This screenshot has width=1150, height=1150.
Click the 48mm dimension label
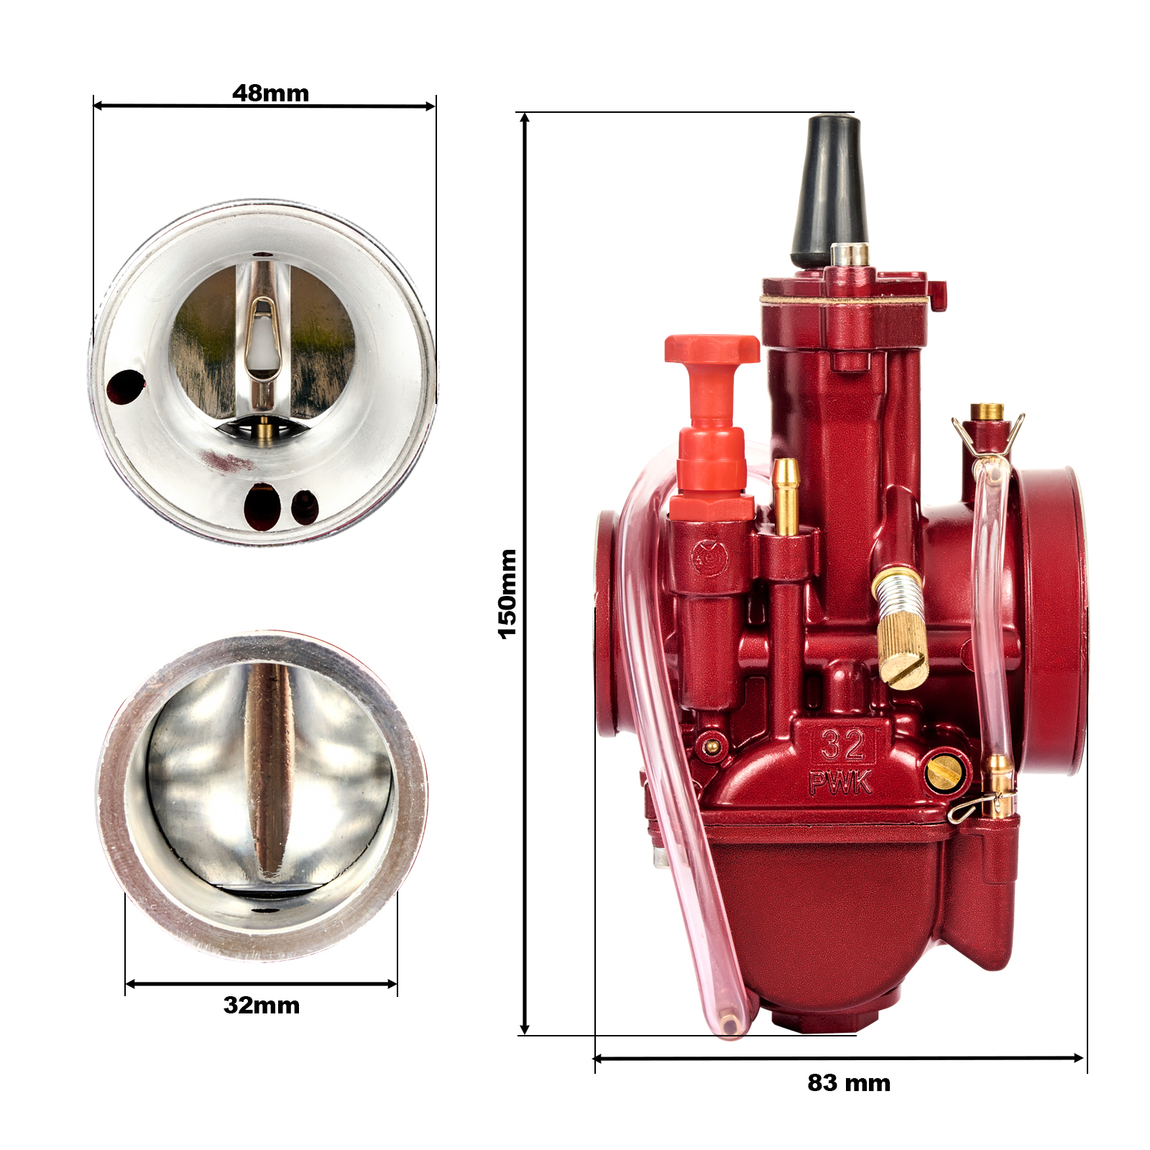coord(270,93)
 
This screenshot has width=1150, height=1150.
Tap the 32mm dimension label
coord(262,1005)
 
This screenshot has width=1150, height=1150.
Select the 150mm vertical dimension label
coord(507,594)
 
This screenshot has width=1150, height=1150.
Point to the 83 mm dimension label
coord(849,1082)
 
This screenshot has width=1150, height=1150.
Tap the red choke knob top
coord(712,349)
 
